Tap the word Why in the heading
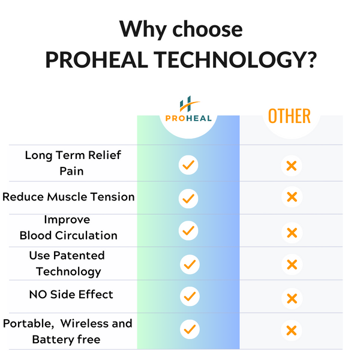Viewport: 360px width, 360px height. [143, 29]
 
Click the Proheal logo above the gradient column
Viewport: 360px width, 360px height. [188, 109]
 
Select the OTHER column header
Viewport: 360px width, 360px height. [289, 116]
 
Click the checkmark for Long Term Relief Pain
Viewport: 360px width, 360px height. [188, 165]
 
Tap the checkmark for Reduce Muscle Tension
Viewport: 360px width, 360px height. [188, 199]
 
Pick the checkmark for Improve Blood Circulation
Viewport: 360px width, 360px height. [188, 230]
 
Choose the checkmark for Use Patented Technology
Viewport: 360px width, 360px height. [190, 264]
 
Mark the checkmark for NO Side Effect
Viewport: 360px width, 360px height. [190, 296]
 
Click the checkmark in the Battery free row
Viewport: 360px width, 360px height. [190, 329]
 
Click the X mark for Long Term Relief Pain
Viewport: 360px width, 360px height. [292, 166]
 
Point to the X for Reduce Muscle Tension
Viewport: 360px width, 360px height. [292, 197]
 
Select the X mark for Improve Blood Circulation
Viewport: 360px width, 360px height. [292, 233]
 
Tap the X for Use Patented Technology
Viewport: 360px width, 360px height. [292, 265]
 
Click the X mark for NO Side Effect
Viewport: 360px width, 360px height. [292, 298]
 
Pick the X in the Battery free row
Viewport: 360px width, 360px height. [292, 331]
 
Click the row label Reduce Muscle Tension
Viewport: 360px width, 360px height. [68, 197]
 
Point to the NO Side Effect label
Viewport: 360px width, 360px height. [71, 295]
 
